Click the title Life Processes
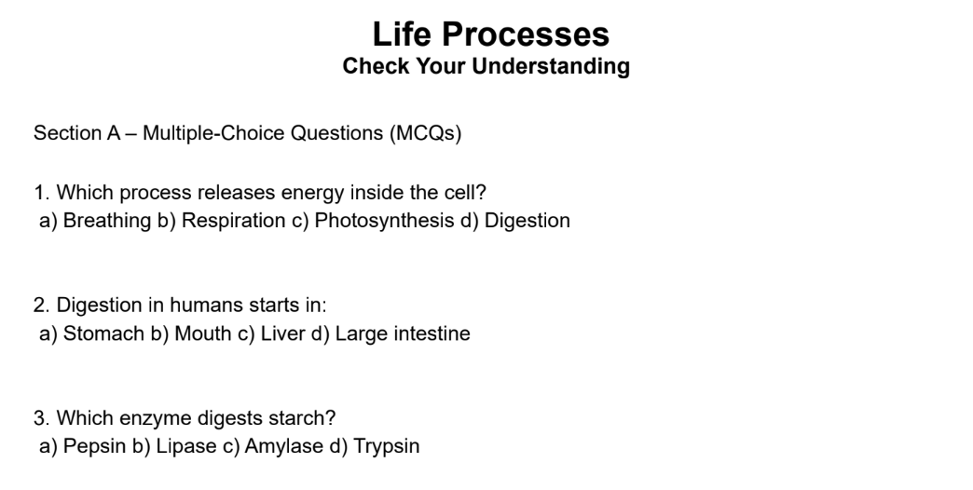(490, 34)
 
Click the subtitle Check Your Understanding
(486, 67)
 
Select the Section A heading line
(248, 133)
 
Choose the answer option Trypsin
(386, 446)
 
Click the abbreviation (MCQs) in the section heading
(426, 133)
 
